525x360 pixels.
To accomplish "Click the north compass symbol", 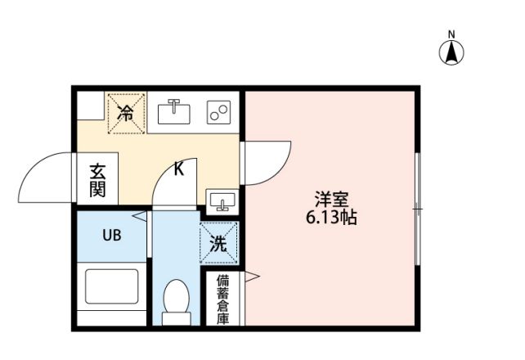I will [452, 53].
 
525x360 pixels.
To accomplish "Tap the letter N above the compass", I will [452, 34].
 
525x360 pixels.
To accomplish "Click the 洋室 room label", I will [332, 199].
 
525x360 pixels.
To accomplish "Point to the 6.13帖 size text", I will [332, 218].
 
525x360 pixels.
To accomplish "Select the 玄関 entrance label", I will [98, 181].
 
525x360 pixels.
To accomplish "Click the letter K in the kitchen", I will [179, 170].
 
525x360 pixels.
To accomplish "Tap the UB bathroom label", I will [111, 236].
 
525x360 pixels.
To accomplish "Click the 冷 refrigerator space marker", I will [126, 113].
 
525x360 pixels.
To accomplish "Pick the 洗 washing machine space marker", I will [219, 242].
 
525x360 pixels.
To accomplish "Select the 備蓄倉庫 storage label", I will [222, 299].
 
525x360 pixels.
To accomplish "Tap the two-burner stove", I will [218, 112].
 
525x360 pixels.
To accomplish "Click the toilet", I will [176, 299].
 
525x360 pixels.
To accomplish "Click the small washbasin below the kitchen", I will [222, 200].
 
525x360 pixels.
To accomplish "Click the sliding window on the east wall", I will [417, 209].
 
